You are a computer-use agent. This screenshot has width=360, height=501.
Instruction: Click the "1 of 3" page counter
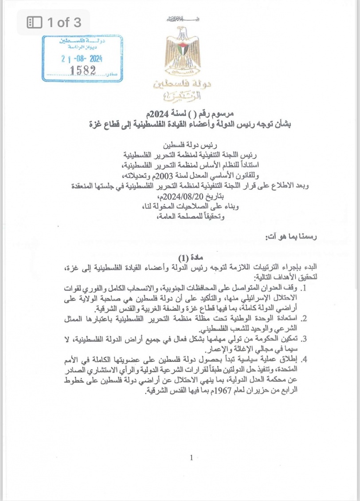point(64,22)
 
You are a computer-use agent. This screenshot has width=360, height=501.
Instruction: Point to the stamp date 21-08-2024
point(82,58)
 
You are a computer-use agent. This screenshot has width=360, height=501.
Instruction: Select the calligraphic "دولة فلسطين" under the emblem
point(180,84)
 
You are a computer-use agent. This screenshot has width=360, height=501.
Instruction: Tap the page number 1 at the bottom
point(191,458)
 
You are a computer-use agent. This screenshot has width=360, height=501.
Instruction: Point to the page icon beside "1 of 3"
point(35,22)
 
